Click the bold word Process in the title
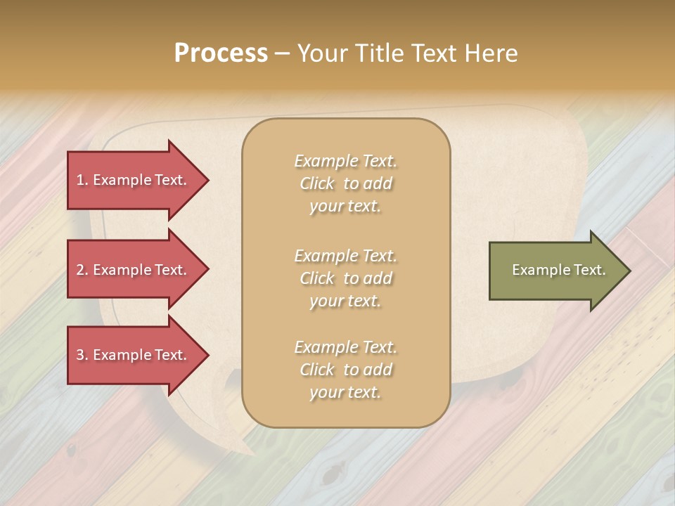click(221, 53)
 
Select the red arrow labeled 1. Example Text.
click(134, 180)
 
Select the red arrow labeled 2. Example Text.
click(134, 270)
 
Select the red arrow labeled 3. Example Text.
click(134, 355)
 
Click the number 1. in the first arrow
click(82, 180)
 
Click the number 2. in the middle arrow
click(82, 270)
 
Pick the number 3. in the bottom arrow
click(82, 355)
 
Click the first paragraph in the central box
click(345, 183)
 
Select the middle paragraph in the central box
click(345, 278)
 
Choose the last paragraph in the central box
click(345, 370)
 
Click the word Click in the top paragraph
click(317, 184)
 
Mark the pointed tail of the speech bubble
click(246, 450)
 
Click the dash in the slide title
click(282, 54)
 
